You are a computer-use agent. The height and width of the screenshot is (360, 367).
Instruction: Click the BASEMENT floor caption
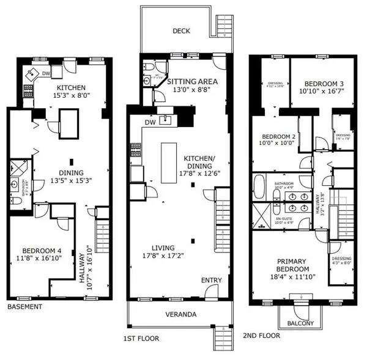pos(25,307)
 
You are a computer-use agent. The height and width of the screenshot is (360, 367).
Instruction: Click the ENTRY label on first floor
pos(212,280)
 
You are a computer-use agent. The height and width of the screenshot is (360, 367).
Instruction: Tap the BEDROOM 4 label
pos(42,251)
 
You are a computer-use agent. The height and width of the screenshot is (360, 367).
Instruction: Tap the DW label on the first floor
pos(150,122)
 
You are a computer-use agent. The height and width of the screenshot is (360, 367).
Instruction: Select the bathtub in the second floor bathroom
pos(259,186)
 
